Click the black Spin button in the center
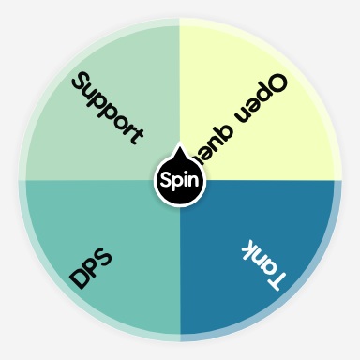click(x=179, y=178)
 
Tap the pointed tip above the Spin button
click(x=179, y=149)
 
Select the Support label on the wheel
click(x=107, y=108)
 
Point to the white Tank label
click(x=262, y=263)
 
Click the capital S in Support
click(x=82, y=82)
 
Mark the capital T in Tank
click(x=277, y=278)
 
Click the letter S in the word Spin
click(x=166, y=178)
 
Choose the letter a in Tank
click(x=266, y=268)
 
